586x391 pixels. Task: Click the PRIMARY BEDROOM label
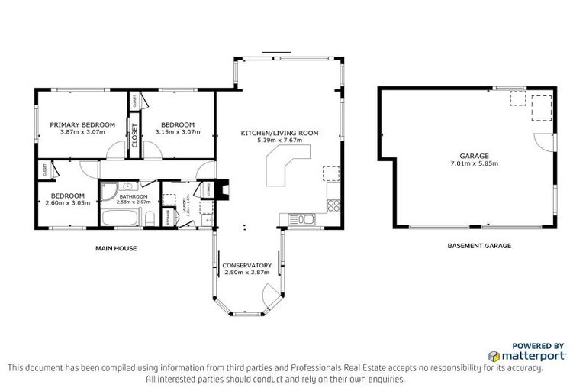pyautogui.click(x=82, y=124)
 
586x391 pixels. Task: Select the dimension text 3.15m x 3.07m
pyautogui.click(x=177, y=132)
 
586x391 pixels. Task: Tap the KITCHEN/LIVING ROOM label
pyautogui.click(x=279, y=133)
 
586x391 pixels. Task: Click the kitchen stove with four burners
pyautogui.click(x=333, y=205)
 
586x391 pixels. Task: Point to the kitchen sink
pyautogui.click(x=305, y=220)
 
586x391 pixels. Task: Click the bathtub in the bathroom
pyautogui.click(x=121, y=219)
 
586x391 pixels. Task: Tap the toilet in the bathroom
pyautogui.click(x=150, y=220)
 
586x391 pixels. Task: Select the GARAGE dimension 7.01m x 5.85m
pyautogui.click(x=474, y=163)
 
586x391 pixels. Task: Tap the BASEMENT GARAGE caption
pyautogui.click(x=478, y=246)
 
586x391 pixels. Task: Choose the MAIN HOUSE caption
pyautogui.click(x=116, y=248)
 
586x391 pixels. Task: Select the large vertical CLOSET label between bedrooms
pyautogui.click(x=135, y=135)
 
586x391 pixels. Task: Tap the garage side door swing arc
pyautogui.click(x=543, y=142)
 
